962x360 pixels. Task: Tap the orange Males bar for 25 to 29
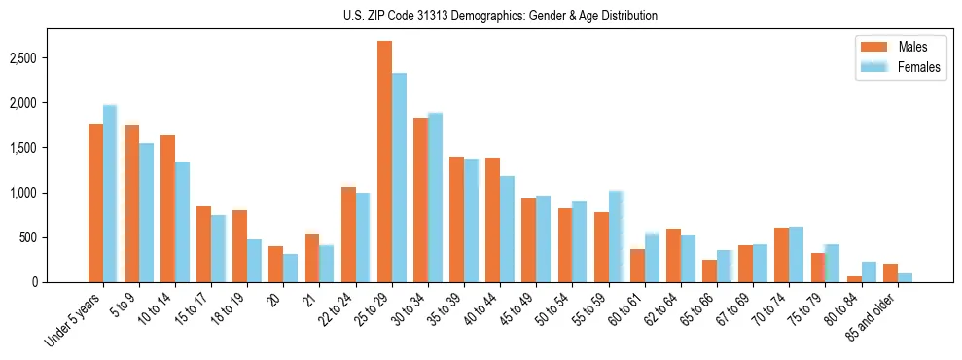point(384,162)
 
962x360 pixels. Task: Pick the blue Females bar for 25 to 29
point(399,178)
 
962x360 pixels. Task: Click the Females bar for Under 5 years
point(110,195)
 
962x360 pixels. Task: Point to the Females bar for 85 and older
point(905,278)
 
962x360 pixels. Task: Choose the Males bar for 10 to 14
point(167,209)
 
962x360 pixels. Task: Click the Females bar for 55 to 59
point(616,236)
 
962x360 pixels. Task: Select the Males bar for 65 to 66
point(710,271)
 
